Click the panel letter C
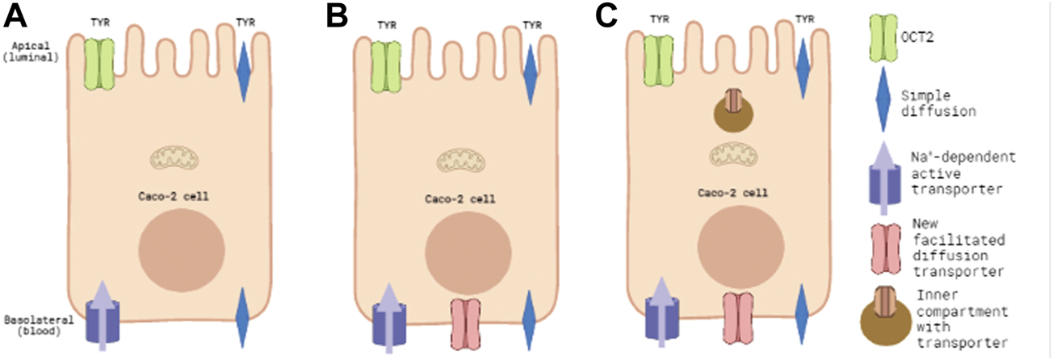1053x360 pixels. point(607,16)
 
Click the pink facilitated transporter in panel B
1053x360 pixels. point(466,320)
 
